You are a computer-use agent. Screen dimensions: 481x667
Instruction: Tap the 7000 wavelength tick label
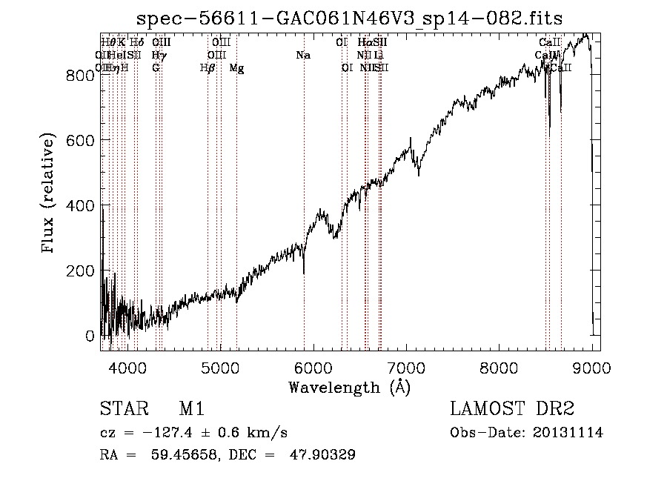406,367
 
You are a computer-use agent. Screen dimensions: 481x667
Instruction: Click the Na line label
302,56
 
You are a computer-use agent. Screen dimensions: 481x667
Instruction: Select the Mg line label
236,68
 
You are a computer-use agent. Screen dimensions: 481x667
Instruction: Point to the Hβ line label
208,68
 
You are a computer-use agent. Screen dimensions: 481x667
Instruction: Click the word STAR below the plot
119,410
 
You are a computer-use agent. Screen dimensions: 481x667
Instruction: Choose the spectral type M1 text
191,410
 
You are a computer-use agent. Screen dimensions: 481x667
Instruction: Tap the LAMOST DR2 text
512,410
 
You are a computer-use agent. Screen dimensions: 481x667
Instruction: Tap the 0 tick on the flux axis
90,336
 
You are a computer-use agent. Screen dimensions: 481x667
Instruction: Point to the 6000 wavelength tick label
313,367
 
